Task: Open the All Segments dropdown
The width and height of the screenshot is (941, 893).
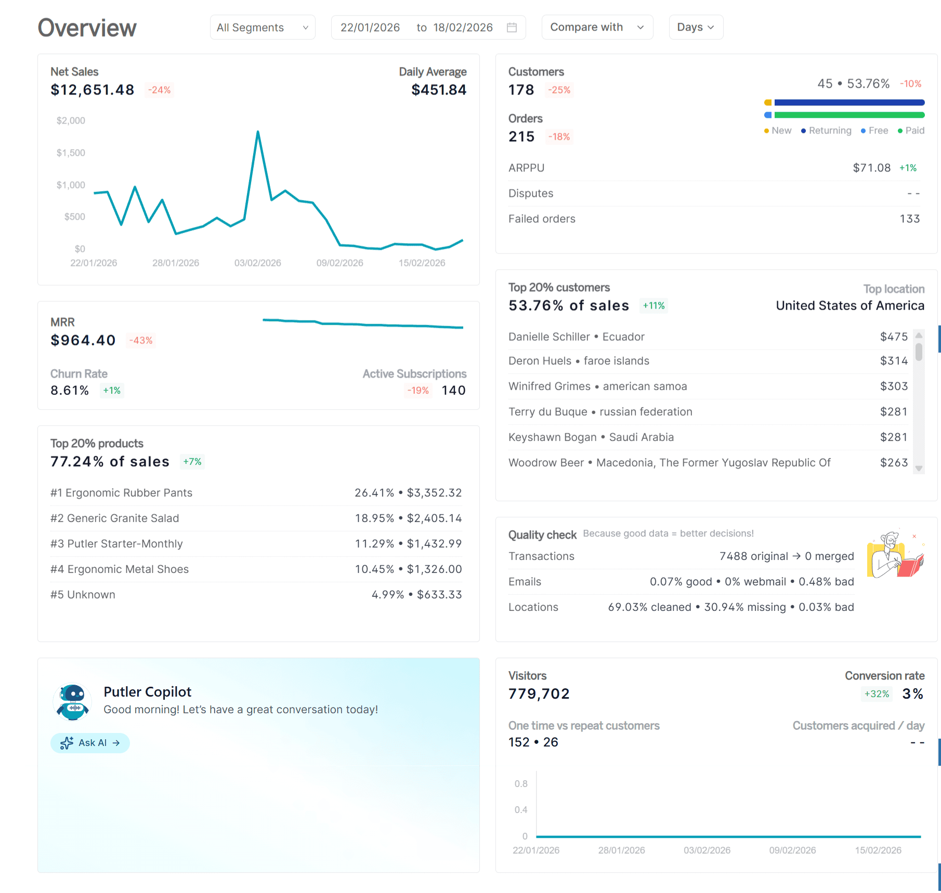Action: tap(263, 28)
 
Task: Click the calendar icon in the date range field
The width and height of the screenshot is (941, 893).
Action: tap(512, 28)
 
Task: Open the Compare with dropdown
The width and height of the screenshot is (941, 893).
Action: tap(597, 28)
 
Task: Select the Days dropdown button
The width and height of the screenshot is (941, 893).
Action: tap(695, 28)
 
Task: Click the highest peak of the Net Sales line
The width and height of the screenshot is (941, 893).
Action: tap(258, 132)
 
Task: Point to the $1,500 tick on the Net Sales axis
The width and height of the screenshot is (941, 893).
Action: tap(71, 153)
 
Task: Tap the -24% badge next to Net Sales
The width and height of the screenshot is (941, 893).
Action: tap(159, 90)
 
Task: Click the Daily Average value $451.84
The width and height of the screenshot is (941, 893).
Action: tap(438, 90)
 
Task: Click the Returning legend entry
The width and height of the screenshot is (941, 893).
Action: tap(826, 131)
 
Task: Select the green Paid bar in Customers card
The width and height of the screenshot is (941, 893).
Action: tap(849, 115)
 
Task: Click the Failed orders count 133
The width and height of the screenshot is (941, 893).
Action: tap(909, 219)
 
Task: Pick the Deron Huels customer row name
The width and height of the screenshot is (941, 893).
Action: tap(540, 361)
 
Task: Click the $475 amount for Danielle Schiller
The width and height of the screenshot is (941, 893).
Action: tap(893, 337)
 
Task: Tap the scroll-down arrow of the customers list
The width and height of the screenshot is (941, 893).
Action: tap(919, 469)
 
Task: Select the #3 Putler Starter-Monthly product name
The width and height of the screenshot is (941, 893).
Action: tap(117, 544)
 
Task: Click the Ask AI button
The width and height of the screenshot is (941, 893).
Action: tap(90, 743)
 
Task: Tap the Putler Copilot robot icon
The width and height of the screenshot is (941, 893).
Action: tap(72, 702)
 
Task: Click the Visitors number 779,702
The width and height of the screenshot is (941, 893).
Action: tap(539, 694)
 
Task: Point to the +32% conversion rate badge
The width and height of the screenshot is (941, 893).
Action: tap(877, 694)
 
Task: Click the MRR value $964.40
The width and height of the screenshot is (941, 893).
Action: tap(83, 340)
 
